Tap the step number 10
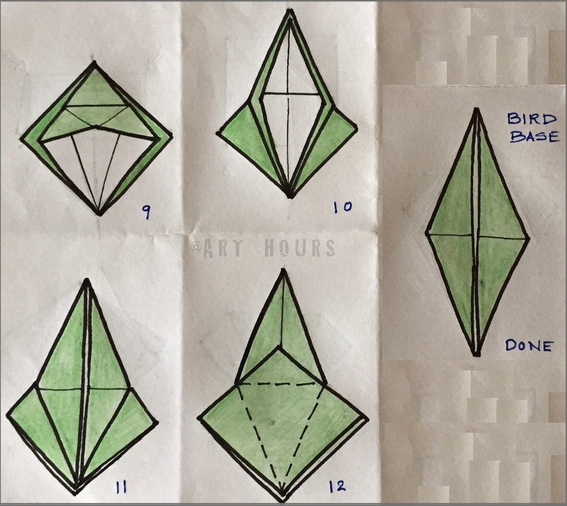[343, 207]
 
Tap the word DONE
[529, 345]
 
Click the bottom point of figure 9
[100, 215]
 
